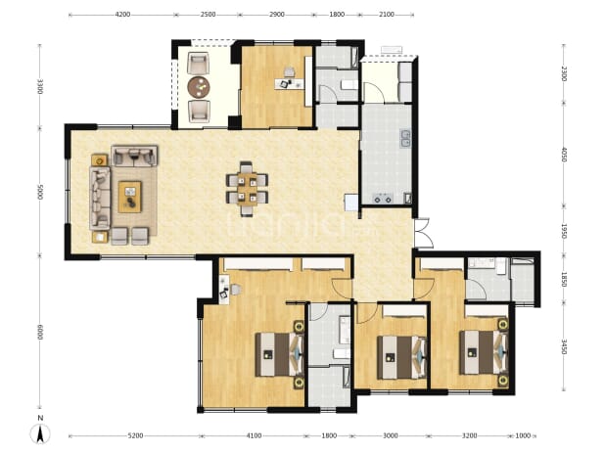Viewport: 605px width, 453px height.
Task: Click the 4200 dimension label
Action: coord(122,15)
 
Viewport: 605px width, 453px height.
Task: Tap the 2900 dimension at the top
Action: coord(277,15)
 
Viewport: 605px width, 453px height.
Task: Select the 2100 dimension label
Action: coord(387,15)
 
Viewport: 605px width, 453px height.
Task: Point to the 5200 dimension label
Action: coord(135,436)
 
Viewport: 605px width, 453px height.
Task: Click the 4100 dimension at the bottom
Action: coord(254,436)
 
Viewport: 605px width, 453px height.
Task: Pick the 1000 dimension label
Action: coord(523,436)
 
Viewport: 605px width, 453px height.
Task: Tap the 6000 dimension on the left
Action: coord(40,332)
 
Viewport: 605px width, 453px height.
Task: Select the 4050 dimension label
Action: coord(564,155)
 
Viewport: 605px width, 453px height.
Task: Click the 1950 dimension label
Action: coord(564,231)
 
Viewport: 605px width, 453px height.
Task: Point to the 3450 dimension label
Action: coord(564,347)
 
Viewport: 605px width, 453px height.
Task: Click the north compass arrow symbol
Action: coord(40,433)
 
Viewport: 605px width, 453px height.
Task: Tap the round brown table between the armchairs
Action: coord(199,87)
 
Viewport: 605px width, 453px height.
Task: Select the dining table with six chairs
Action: coord(247,189)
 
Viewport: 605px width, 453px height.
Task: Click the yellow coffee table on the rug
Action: coord(130,197)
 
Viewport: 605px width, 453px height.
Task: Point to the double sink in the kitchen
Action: coord(405,138)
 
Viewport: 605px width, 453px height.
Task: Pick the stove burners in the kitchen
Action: coord(383,199)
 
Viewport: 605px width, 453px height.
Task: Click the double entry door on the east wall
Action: coord(423,233)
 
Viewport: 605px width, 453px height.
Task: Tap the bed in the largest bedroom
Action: coord(279,354)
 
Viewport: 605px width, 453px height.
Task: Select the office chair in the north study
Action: coord(289,71)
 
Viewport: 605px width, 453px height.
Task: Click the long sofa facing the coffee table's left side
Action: coord(100,198)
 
